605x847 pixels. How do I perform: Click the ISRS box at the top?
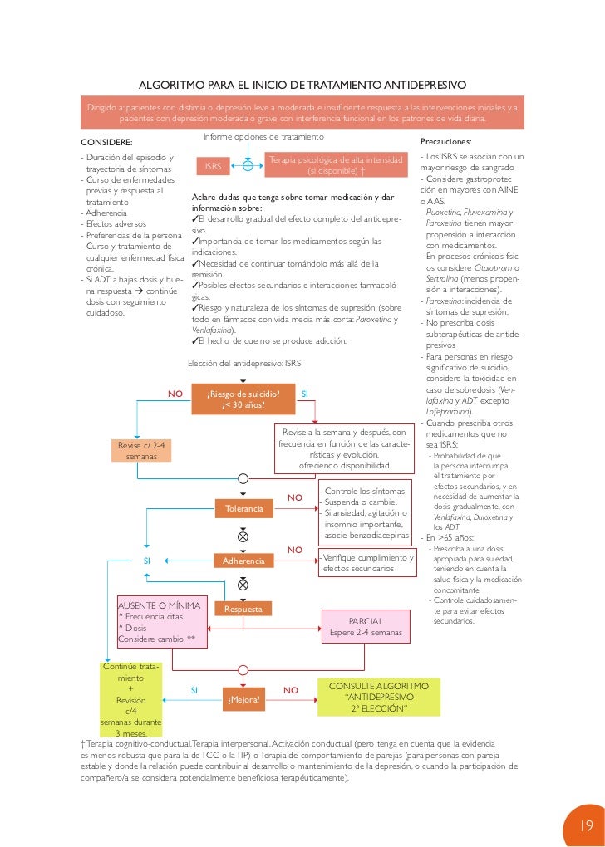pos(213,166)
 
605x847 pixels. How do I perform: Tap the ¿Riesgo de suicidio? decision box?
pos(243,399)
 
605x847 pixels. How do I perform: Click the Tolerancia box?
pos(243,507)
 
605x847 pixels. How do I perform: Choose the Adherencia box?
pos(243,561)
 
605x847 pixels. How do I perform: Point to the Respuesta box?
pos(243,609)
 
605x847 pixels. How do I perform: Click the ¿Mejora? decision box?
pos(243,699)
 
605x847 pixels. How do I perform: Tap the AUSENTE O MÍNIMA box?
pos(160,623)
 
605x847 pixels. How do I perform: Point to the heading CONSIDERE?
pos(106,142)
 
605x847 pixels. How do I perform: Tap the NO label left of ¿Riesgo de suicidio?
pos(175,394)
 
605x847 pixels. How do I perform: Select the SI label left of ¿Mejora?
pos(194,690)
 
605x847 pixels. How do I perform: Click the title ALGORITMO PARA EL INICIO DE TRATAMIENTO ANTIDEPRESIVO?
pos(302,86)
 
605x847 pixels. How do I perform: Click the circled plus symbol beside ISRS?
pos(248,165)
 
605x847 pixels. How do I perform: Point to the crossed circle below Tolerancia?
pos(243,536)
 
